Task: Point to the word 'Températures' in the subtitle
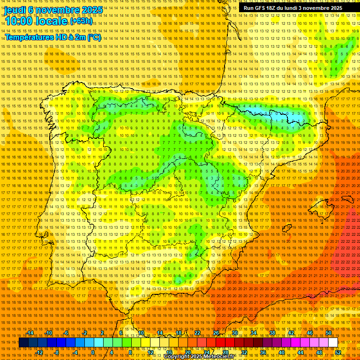tap(29, 37)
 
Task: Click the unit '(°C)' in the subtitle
tap(94, 37)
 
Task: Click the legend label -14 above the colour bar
tap(30, 333)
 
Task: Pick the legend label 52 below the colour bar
tap(338, 352)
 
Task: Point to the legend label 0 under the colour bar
tap(93, 352)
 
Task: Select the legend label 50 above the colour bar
tap(329, 333)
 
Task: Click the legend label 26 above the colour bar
tap(216, 333)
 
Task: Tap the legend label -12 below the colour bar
tap(39, 352)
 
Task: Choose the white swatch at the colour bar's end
tap(333, 343)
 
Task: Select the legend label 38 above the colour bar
tap(272, 333)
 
